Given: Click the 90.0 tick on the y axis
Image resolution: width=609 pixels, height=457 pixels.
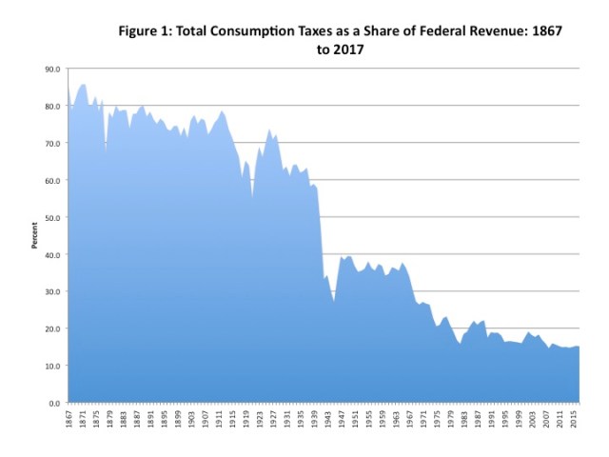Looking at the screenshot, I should [x=52, y=70].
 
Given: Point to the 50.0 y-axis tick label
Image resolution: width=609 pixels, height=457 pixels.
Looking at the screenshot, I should [x=52, y=217].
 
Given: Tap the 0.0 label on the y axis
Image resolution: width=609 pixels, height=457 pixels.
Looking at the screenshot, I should [x=55, y=403].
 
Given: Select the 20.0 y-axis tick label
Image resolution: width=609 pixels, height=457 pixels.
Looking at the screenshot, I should [x=52, y=328].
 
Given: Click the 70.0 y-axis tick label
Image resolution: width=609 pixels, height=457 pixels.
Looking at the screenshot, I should [x=52, y=144].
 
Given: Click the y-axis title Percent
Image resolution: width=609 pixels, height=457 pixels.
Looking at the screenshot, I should [x=35, y=236].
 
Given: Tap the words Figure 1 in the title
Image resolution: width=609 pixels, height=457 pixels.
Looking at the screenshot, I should [x=145, y=30].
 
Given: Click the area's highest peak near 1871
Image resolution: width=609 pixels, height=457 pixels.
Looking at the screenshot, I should [x=83, y=85].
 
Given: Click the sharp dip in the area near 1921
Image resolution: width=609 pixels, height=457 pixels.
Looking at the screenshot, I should [x=252, y=196].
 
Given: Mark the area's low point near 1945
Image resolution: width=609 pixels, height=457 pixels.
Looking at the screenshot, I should [x=334, y=302].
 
